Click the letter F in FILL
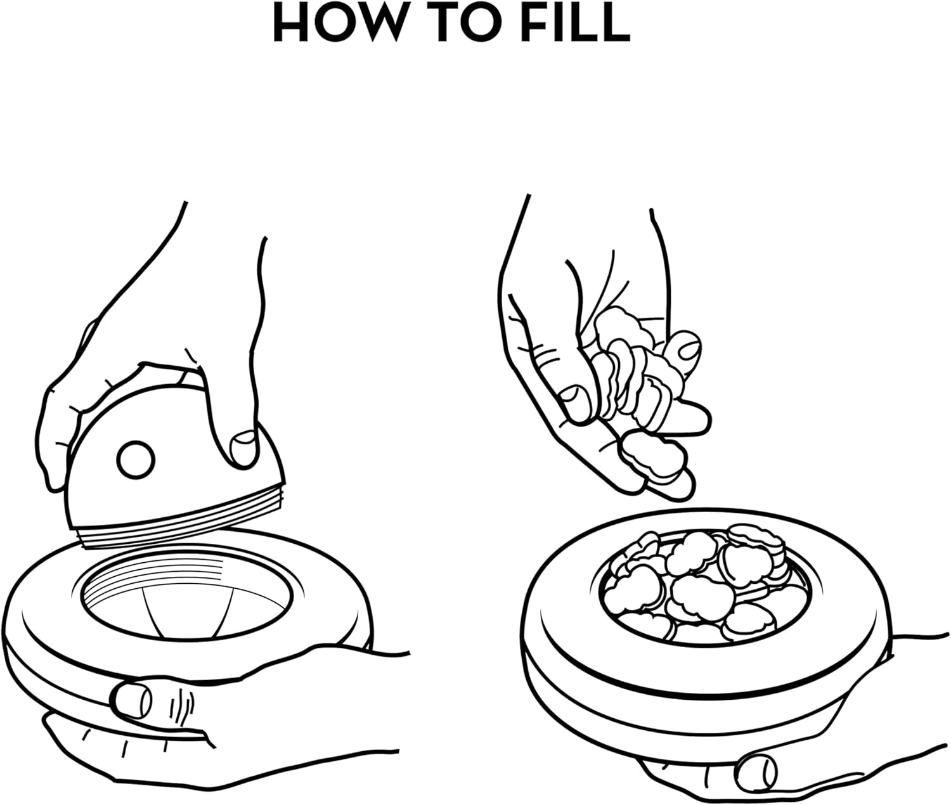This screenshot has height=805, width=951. (542, 23)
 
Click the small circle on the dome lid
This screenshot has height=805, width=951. (136, 460)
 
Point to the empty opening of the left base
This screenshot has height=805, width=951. (186, 598)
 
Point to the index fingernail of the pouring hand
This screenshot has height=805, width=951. (689, 344)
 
